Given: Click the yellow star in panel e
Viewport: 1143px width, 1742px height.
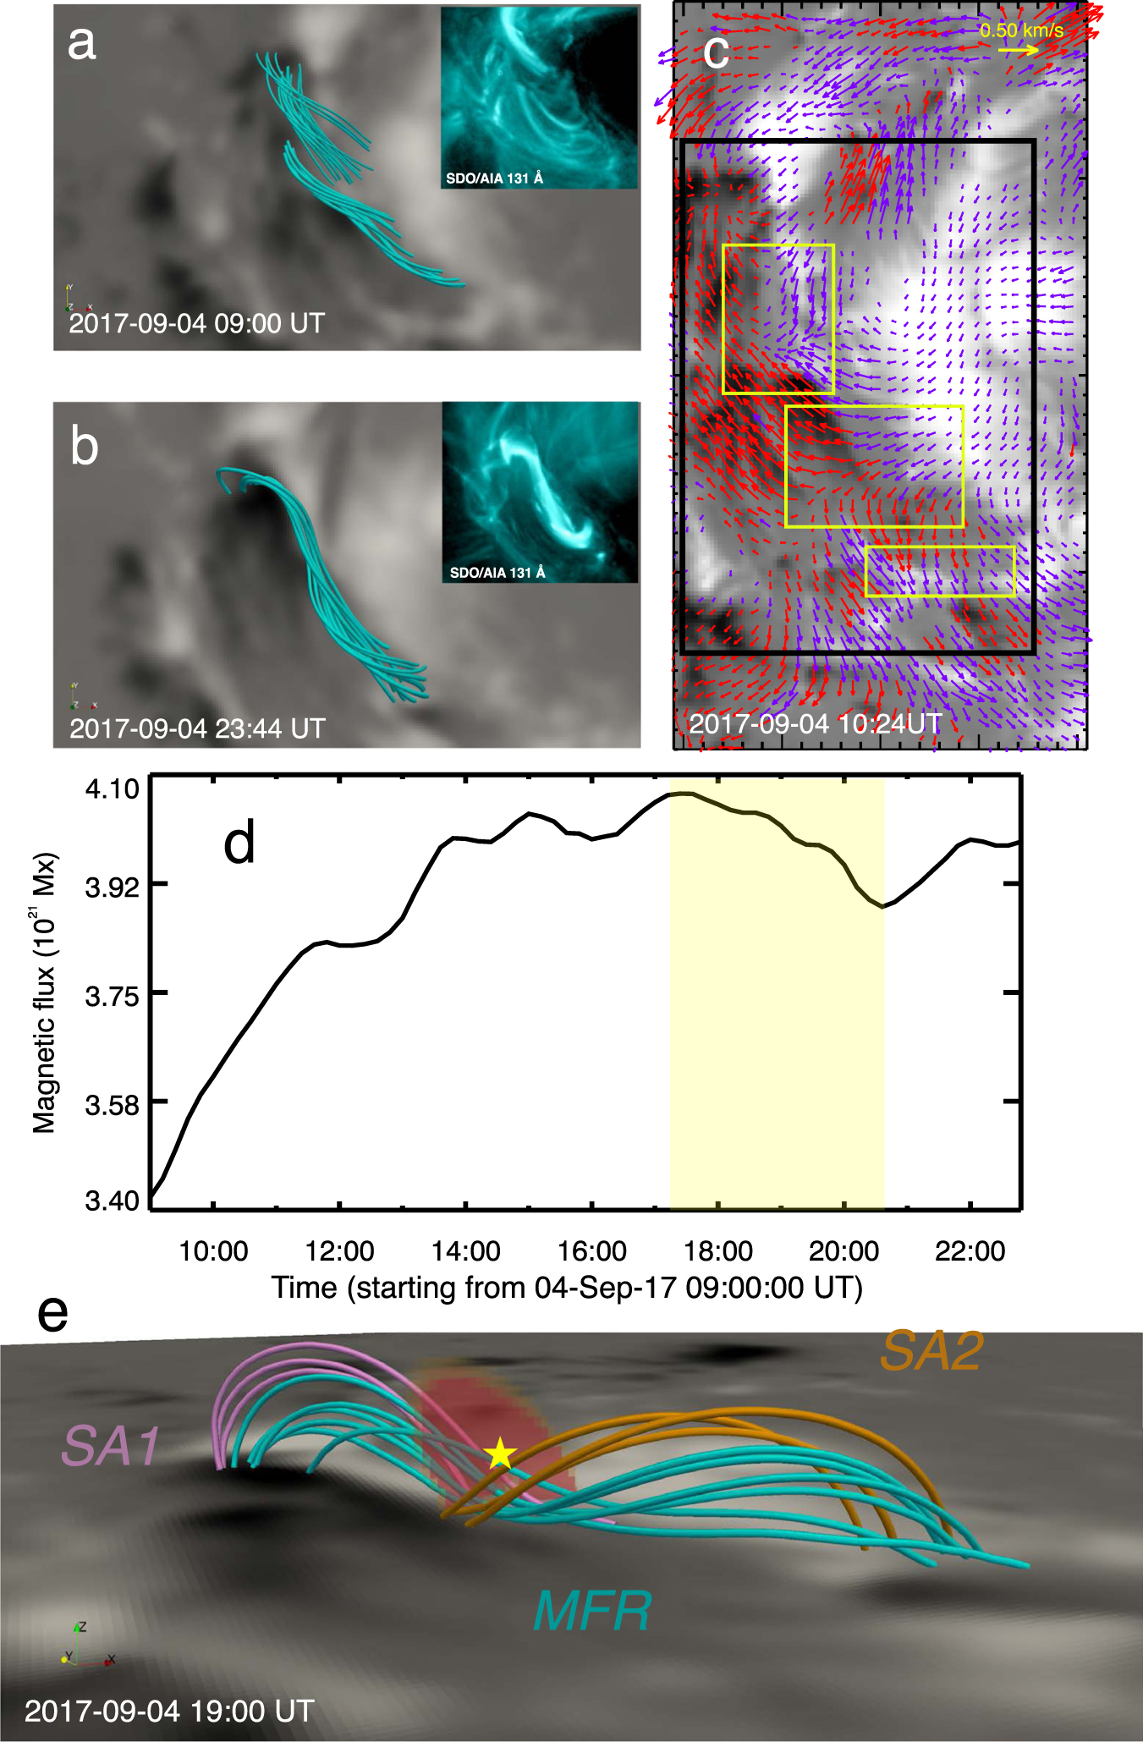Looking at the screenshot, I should (x=500, y=1453).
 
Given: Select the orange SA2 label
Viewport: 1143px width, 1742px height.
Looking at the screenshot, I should (x=931, y=1351).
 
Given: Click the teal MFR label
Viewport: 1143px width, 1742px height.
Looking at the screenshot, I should (x=592, y=1610).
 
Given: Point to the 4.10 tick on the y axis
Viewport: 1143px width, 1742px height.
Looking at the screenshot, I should (x=113, y=789).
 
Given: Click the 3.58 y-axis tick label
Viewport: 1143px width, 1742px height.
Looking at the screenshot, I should (x=113, y=1104).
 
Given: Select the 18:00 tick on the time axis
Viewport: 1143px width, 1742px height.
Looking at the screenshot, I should (x=717, y=1250).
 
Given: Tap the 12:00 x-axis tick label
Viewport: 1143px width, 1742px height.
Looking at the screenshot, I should (x=339, y=1250).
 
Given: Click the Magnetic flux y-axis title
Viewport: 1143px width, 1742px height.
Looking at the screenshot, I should (x=44, y=992).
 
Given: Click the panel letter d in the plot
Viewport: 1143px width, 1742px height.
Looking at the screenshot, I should (x=239, y=844).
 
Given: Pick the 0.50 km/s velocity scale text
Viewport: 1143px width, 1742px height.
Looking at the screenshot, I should (x=1021, y=30).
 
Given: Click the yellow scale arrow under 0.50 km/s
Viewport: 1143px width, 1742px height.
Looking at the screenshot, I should (x=1018, y=51).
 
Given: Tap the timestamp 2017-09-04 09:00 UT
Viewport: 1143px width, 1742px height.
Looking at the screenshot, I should (x=196, y=323).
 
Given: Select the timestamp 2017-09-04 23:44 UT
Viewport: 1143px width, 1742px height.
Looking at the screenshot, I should (x=197, y=728).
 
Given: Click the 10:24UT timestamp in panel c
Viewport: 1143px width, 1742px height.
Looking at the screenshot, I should (x=815, y=724).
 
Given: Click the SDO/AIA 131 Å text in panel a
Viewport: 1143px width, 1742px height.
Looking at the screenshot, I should (x=494, y=179).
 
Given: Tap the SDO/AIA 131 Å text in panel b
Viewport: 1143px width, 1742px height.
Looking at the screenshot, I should (x=497, y=573).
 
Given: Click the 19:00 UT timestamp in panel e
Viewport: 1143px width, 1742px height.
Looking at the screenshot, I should (x=169, y=1712).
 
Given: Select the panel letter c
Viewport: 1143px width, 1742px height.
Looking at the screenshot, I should (x=716, y=52).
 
